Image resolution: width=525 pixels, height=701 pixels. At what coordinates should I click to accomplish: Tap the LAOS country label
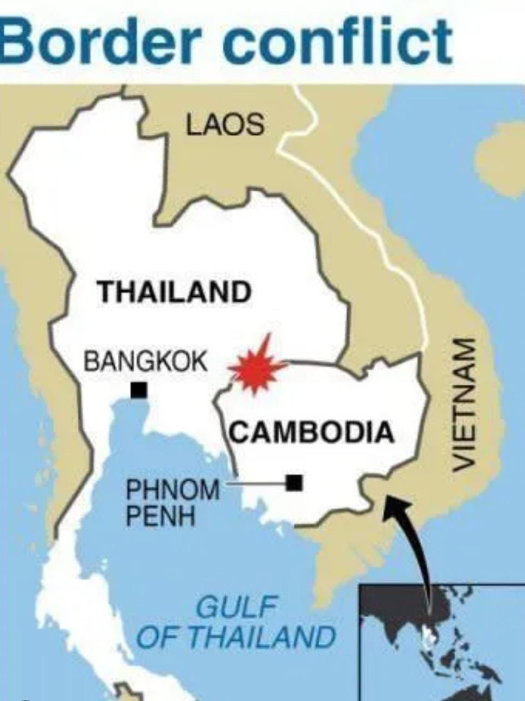(x=225, y=125)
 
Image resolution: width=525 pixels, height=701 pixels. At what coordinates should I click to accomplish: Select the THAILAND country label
(x=174, y=292)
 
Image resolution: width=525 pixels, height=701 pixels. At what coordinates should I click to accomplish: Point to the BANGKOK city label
(x=146, y=361)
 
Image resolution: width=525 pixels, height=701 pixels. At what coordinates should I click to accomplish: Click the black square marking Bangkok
(x=139, y=390)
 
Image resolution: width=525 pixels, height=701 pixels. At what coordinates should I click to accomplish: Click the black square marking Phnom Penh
(x=294, y=482)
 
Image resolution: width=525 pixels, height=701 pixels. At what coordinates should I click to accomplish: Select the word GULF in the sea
(x=236, y=608)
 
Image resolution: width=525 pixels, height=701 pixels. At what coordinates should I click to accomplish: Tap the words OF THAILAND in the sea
(x=236, y=637)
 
